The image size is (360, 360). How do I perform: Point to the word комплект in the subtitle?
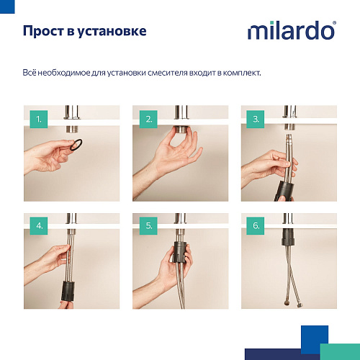pos(241,73)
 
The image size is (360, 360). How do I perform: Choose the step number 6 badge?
pos(255,226)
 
